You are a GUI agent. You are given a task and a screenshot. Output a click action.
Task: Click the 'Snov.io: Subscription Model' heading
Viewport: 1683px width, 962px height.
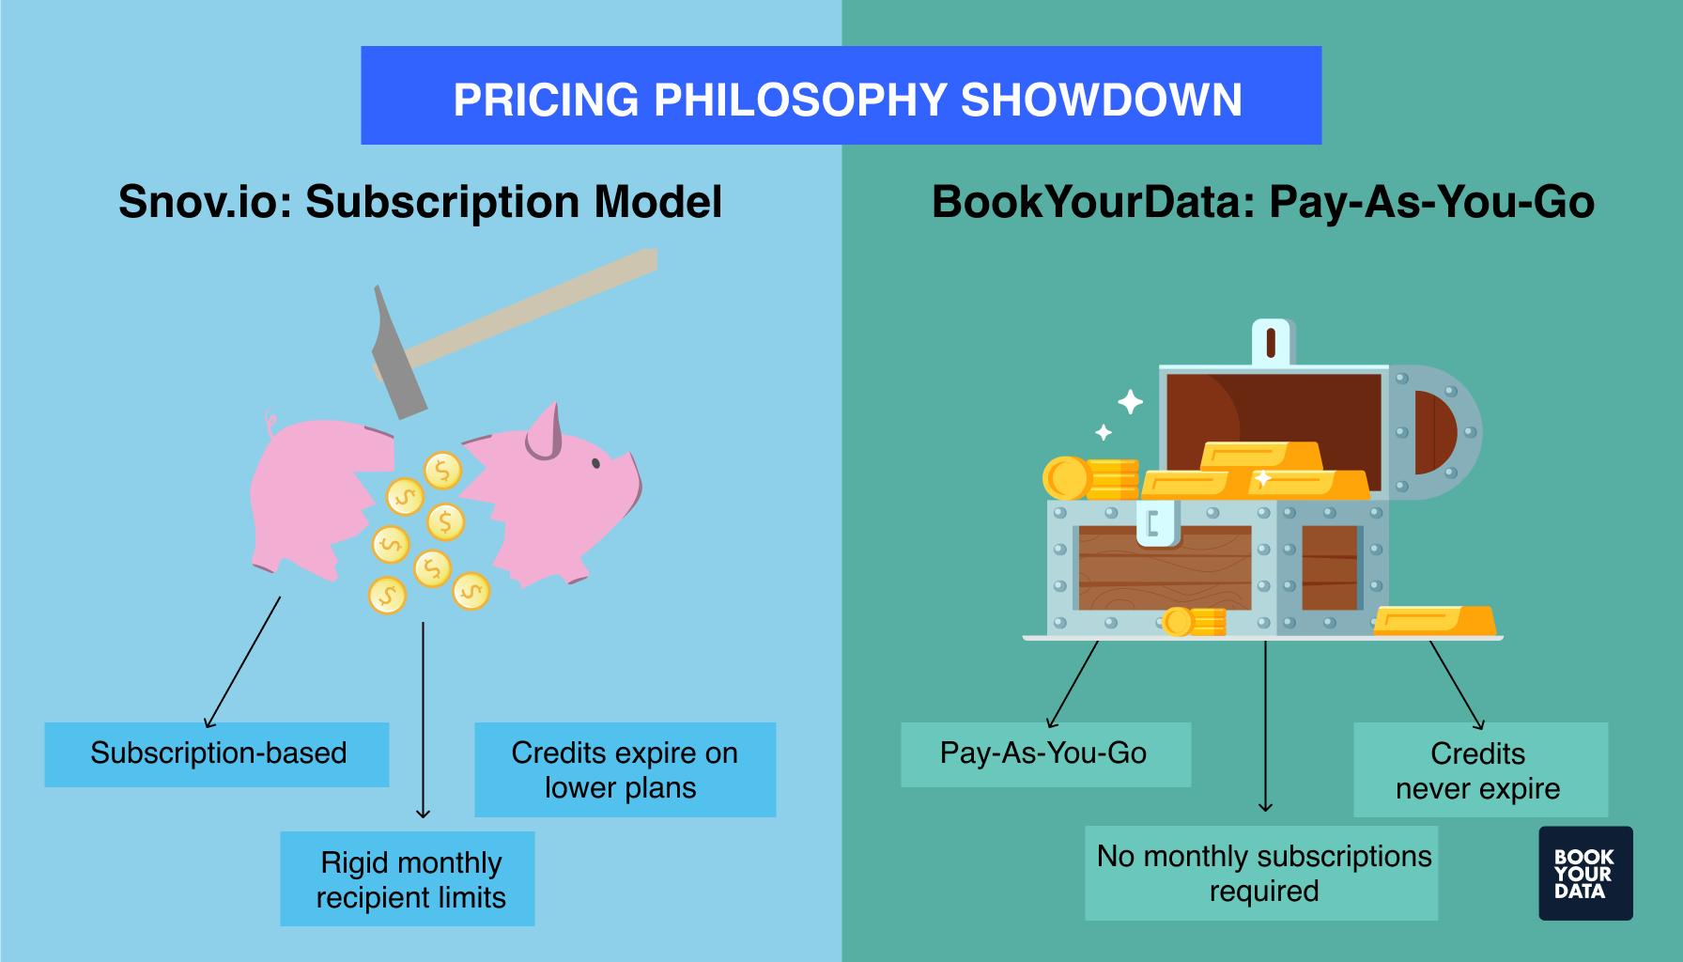tap(420, 202)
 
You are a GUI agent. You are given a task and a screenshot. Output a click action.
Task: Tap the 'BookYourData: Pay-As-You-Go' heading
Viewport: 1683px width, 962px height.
tap(1262, 202)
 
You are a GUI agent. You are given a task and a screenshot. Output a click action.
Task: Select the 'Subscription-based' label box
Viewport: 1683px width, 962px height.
tap(217, 753)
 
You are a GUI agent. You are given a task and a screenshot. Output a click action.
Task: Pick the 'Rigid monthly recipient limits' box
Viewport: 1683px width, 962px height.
tap(408, 878)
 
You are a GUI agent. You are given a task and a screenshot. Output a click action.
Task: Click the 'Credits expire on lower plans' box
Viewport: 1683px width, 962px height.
tap(625, 769)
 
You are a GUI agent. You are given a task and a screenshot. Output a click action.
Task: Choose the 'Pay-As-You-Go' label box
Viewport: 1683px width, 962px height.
tap(1045, 753)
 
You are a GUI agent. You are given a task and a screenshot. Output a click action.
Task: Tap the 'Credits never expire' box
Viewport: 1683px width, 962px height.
tap(1479, 769)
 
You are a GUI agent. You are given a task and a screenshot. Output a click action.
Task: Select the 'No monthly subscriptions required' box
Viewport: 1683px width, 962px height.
tap(1261, 873)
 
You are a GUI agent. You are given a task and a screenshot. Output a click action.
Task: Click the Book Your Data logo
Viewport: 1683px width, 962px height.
tap(1584, 873)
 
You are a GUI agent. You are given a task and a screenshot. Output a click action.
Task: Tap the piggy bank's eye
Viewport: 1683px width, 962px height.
tap(595, 463)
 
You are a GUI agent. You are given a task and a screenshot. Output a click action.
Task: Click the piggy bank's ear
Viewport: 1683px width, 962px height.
tap(545, 432)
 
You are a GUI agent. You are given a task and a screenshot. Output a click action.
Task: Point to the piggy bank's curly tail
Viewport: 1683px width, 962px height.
tap(271, 425)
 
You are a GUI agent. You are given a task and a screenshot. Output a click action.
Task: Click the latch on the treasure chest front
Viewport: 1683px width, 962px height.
tap(1155, 524)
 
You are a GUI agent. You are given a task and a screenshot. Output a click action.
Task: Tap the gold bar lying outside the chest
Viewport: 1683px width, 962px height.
tap(1433, 621)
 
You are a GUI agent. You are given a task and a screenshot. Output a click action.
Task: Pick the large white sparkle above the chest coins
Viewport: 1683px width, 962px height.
tap(1130, 402)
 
